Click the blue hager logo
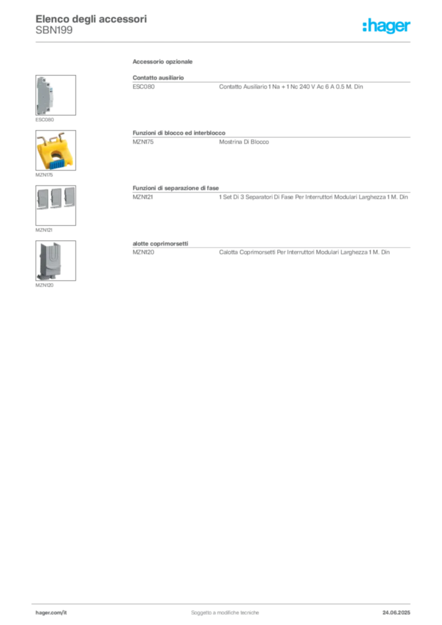(x=387, y=26)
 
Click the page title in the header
(x=92, y=18)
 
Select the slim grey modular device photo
(x=42, y=95)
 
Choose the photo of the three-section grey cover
(x=56, y=198)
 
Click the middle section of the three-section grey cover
(x=56, y=198)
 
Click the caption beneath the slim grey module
(x=46, y=120)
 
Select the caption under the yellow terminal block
(x=43, y=175)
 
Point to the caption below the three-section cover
(x=43, y=231)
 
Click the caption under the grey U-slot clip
(x=46, y=285)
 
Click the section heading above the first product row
(x=163, y=63)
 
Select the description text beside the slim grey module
(x=290, y=89)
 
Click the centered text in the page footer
(x=226, y=610)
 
